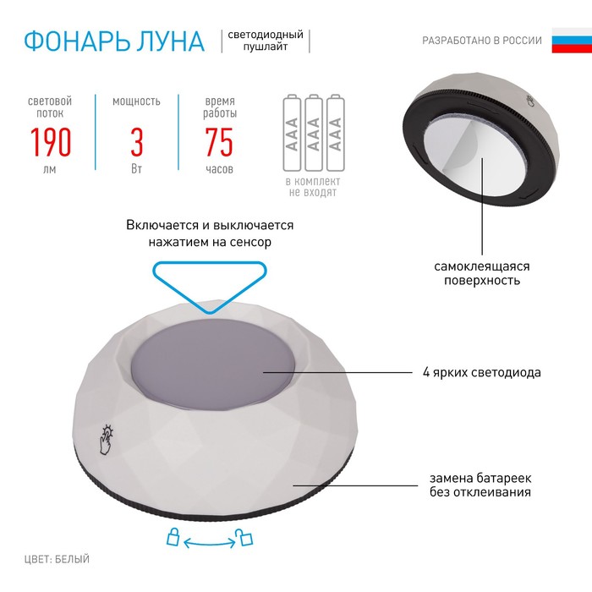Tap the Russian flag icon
click(572, 40)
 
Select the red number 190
click(51, 142)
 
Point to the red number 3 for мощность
click(137, 142)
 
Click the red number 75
click(219, 142)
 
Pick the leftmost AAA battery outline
click(292, 133)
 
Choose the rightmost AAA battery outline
click(335, 133)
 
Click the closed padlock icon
click(173, 537)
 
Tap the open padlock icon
click(244, 537)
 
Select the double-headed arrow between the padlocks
click(209, 543)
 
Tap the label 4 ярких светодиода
click(482, 372)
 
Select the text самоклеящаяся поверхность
click(482, 273)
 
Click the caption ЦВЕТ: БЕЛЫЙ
click(57, 559)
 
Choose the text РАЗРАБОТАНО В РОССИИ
click(482, 41)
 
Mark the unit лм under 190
click(49, 169)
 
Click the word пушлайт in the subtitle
click(266, 47)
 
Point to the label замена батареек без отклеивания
click(480, 485)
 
